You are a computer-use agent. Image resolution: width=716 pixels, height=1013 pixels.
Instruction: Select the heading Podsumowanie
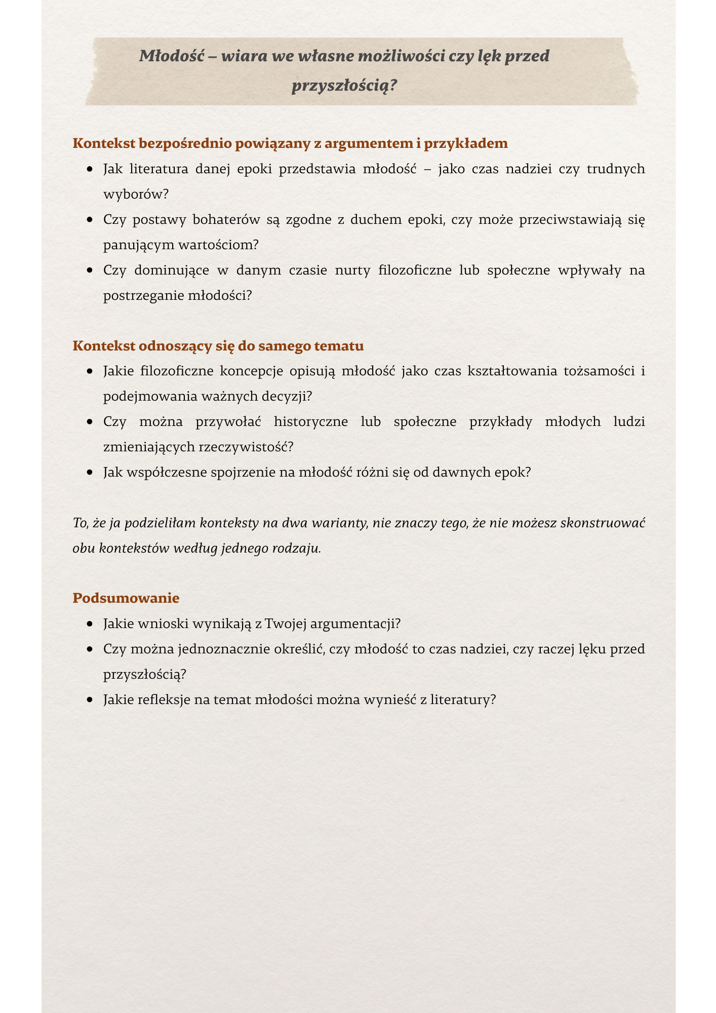pos(126,598)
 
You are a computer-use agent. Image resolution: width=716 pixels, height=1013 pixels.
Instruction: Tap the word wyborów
pos(135,194)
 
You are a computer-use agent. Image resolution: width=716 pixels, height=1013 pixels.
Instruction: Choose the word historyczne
pos(310,422)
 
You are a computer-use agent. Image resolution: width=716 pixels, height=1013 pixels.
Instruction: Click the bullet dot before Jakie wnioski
pos(90,624)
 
